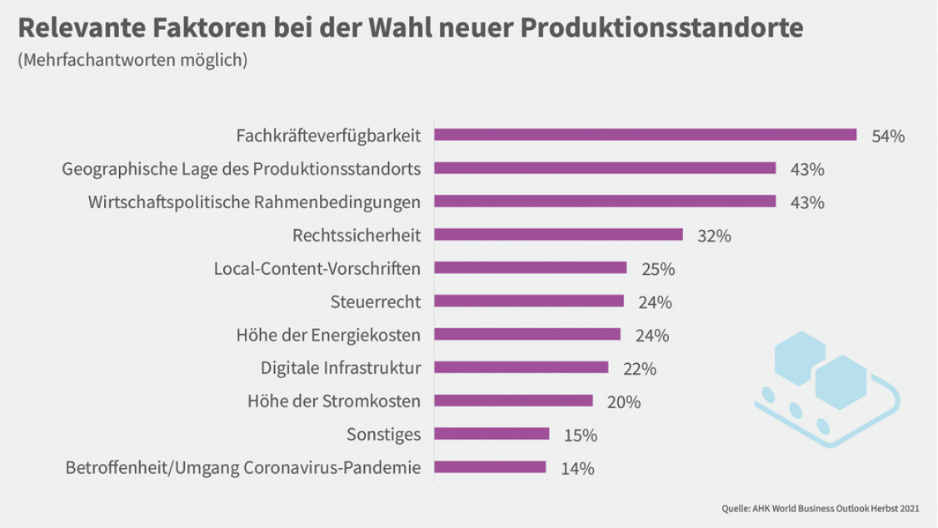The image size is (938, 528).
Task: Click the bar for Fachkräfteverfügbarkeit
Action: (646, 135)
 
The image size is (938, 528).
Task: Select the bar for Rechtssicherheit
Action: (558, 235)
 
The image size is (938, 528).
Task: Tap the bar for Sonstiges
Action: (491, 434)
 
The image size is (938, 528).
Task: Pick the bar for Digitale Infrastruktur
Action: (521, 367)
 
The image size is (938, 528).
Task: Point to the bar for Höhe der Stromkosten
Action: (513, 401)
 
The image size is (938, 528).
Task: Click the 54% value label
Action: (887, 137)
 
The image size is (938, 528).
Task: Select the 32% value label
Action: (714, 237)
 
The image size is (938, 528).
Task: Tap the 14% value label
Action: (577, 469)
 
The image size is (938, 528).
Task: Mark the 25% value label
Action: (657, 270)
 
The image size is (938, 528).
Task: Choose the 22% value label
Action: (640, 369)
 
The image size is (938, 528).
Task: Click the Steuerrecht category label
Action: (376, 301)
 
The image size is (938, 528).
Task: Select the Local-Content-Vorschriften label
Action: (317, 268)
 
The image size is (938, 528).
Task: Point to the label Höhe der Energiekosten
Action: (329, 335)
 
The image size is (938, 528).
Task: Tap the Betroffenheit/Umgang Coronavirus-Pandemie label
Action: (242, 468)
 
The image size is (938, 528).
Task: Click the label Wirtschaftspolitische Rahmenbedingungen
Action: (254, 202)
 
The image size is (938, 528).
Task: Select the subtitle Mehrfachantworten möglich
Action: (132, 61)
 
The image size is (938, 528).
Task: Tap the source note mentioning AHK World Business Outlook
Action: (821, 507)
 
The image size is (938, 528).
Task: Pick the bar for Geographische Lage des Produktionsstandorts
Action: (605, 168)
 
